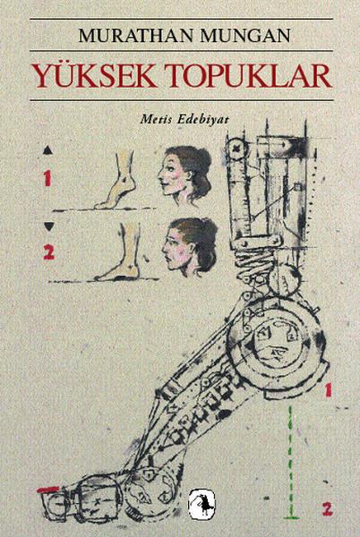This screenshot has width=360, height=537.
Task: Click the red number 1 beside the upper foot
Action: click(47, 180)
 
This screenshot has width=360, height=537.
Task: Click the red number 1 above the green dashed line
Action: click(330, 389)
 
